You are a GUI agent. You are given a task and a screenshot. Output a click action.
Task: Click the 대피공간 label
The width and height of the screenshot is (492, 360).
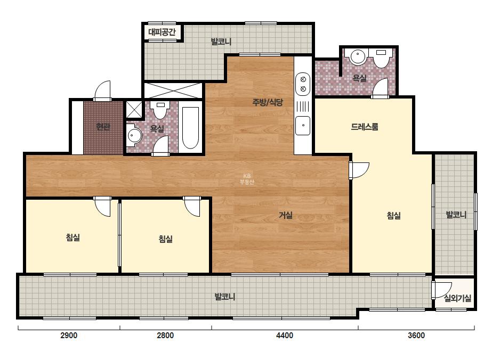[x=162, y=32]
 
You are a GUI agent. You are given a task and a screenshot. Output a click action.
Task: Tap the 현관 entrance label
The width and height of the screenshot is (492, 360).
[x=103, y=127]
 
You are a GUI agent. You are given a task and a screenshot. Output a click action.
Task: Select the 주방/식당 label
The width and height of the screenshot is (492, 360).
[x=268, y=102]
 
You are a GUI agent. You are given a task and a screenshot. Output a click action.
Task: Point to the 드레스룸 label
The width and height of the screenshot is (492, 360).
[x=364, y=127]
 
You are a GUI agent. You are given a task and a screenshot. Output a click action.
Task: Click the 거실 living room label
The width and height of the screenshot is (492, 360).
[x=286, y=216]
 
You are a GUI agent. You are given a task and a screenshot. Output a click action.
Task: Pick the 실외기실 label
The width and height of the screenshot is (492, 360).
[x=458, y=298]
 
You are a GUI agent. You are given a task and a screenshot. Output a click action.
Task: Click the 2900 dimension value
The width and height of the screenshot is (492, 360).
[x=69, y=336]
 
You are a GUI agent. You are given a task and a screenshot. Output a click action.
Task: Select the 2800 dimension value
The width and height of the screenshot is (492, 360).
[x=165, y=336]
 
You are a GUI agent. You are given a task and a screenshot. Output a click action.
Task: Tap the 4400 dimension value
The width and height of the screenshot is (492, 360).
[x=285, y=336]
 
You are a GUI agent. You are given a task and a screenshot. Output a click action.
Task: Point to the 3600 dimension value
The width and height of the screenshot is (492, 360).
[x=416, y=336]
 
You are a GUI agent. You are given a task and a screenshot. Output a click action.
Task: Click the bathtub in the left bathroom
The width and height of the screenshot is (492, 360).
[x=190, y=128]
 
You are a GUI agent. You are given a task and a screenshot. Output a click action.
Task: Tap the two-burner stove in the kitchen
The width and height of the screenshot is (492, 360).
[x=303, y=84]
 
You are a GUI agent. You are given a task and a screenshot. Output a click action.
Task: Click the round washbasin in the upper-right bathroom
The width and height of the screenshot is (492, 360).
[x=357, y=57]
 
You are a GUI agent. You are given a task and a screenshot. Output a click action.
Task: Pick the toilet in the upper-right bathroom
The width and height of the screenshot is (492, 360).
[x=381, y=59]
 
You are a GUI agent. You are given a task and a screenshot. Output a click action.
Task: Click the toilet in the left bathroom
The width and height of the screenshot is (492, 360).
[x=160, y=110]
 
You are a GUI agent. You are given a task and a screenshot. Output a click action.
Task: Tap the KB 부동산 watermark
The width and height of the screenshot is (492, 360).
[x=247, y=179]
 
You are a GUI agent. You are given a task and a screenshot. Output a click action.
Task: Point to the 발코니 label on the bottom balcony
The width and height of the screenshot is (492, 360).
[x=224, y=297]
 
